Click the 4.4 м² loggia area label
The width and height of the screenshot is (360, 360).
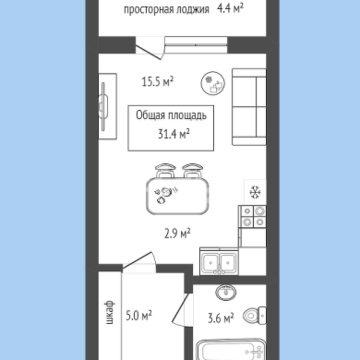(230, 8)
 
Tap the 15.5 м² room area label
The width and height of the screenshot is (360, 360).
(158, 82)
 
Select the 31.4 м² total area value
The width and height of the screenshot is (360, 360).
(174, 134)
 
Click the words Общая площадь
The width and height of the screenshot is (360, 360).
(171, 115)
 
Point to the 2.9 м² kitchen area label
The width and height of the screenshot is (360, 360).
(177, 234)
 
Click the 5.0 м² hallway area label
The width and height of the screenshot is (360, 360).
(138, 316)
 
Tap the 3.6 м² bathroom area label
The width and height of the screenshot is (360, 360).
(221, 318)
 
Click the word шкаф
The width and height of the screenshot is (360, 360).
(110, 313)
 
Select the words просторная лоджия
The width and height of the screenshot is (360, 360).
(166, 9)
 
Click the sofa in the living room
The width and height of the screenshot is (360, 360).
(249, 107)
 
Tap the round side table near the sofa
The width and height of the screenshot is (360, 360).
(213, 83)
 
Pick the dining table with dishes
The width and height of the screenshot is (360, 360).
(177, 196)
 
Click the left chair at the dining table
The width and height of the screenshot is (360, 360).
(165, 171)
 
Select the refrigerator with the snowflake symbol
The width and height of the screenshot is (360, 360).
(255, 192)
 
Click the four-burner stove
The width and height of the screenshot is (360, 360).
(253, 217)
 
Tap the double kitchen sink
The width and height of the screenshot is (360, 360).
(219, 262)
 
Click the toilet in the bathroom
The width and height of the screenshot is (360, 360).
(255, 315)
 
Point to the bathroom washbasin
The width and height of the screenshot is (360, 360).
(226, 293)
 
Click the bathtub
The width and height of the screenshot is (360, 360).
(231, 350)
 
